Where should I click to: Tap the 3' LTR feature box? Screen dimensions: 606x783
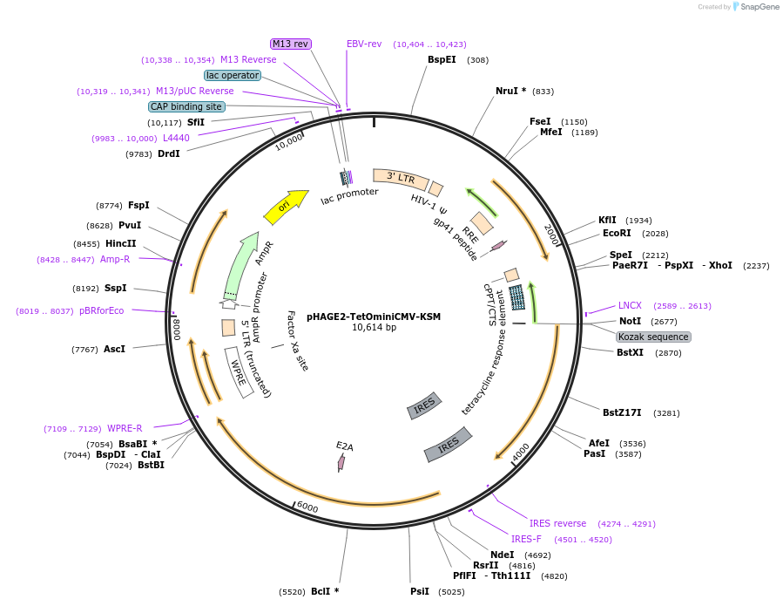(401, 180)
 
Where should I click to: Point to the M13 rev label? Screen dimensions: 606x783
(291, 44)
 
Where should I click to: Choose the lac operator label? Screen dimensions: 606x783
(233, 75)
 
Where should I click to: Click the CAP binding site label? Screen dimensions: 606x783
(186, 106)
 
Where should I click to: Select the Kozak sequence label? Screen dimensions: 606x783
(653, 337)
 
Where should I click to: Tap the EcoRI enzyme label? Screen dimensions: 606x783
(616, 234)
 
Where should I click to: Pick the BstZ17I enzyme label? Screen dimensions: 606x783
(622, 412)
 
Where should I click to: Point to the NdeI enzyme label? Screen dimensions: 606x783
(502, 555)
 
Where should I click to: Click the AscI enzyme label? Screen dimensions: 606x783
(114, 349)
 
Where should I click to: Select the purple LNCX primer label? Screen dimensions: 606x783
(630, 305)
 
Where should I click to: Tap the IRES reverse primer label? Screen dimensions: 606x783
(557, 523)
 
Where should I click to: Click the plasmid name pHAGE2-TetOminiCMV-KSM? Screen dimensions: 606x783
(374, 317)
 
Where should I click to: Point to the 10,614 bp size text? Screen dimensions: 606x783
(374, 328)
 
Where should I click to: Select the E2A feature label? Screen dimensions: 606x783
(345, 446)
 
